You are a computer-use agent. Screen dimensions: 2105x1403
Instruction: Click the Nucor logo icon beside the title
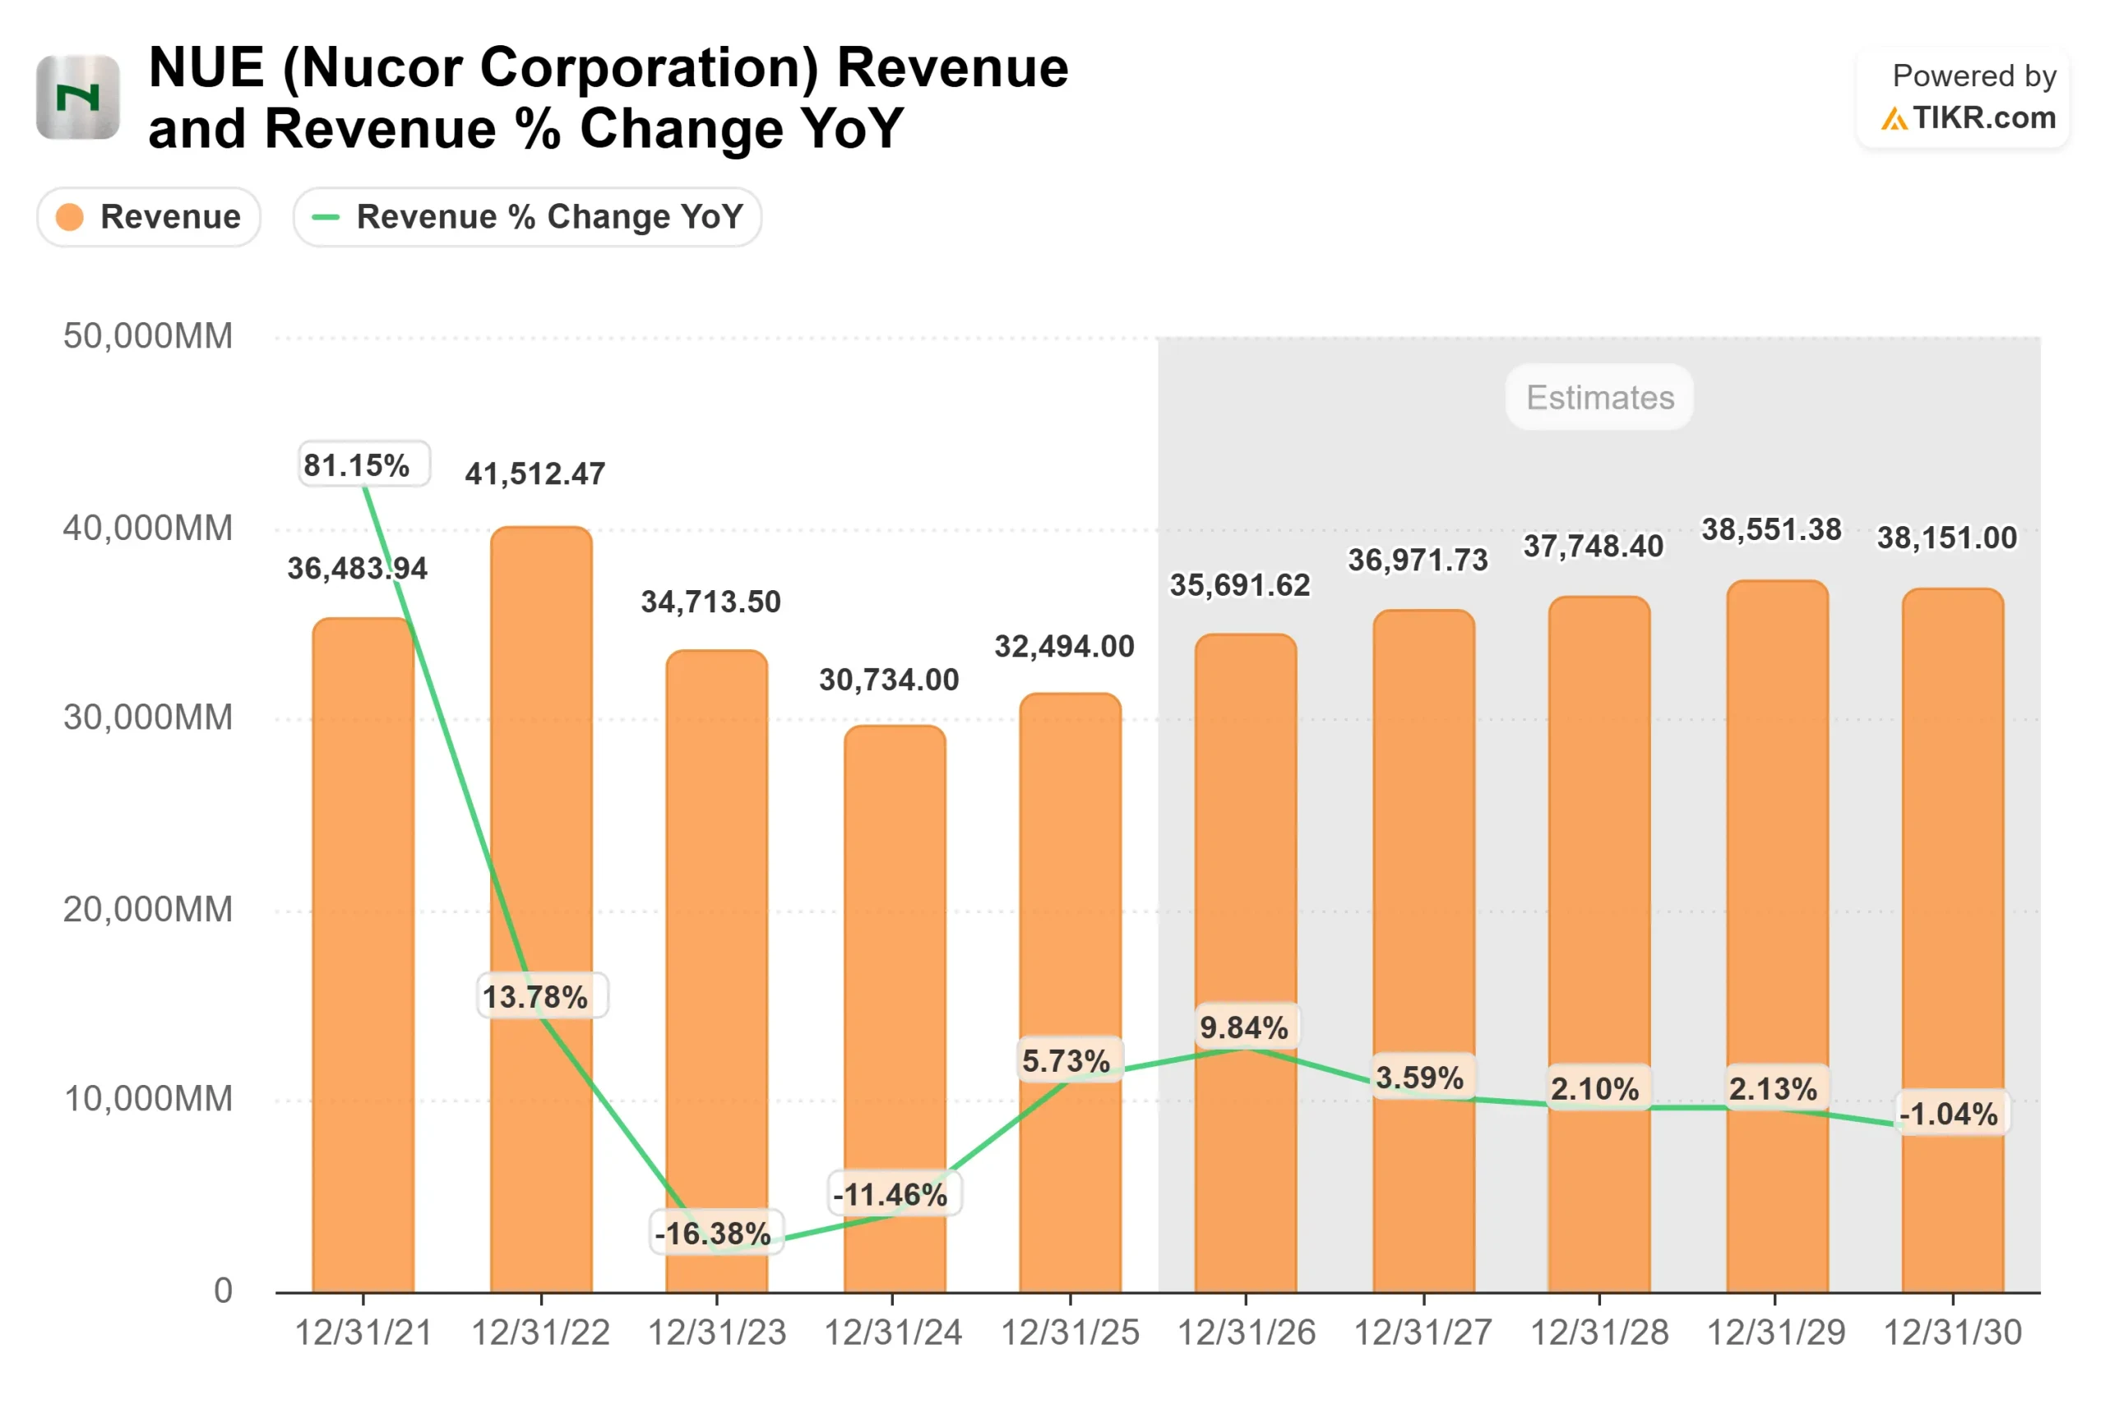[x=78, y=97]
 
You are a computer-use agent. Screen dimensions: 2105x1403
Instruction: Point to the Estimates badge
[x=1599, y=397]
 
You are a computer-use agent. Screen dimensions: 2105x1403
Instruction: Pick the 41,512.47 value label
[x=535, y=473]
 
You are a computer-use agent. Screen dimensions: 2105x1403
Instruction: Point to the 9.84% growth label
[x=1245, y=1027]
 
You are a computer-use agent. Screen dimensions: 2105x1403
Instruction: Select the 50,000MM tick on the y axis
[x=148, y=336]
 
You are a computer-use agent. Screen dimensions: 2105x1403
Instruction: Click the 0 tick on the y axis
[x=223, y=1291]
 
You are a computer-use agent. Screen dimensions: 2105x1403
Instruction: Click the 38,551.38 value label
[x=1771, y=529]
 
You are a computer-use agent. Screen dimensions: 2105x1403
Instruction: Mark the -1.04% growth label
[x=1950, y=1114]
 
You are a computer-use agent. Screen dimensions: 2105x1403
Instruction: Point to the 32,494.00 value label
[x=1064, y=646]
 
